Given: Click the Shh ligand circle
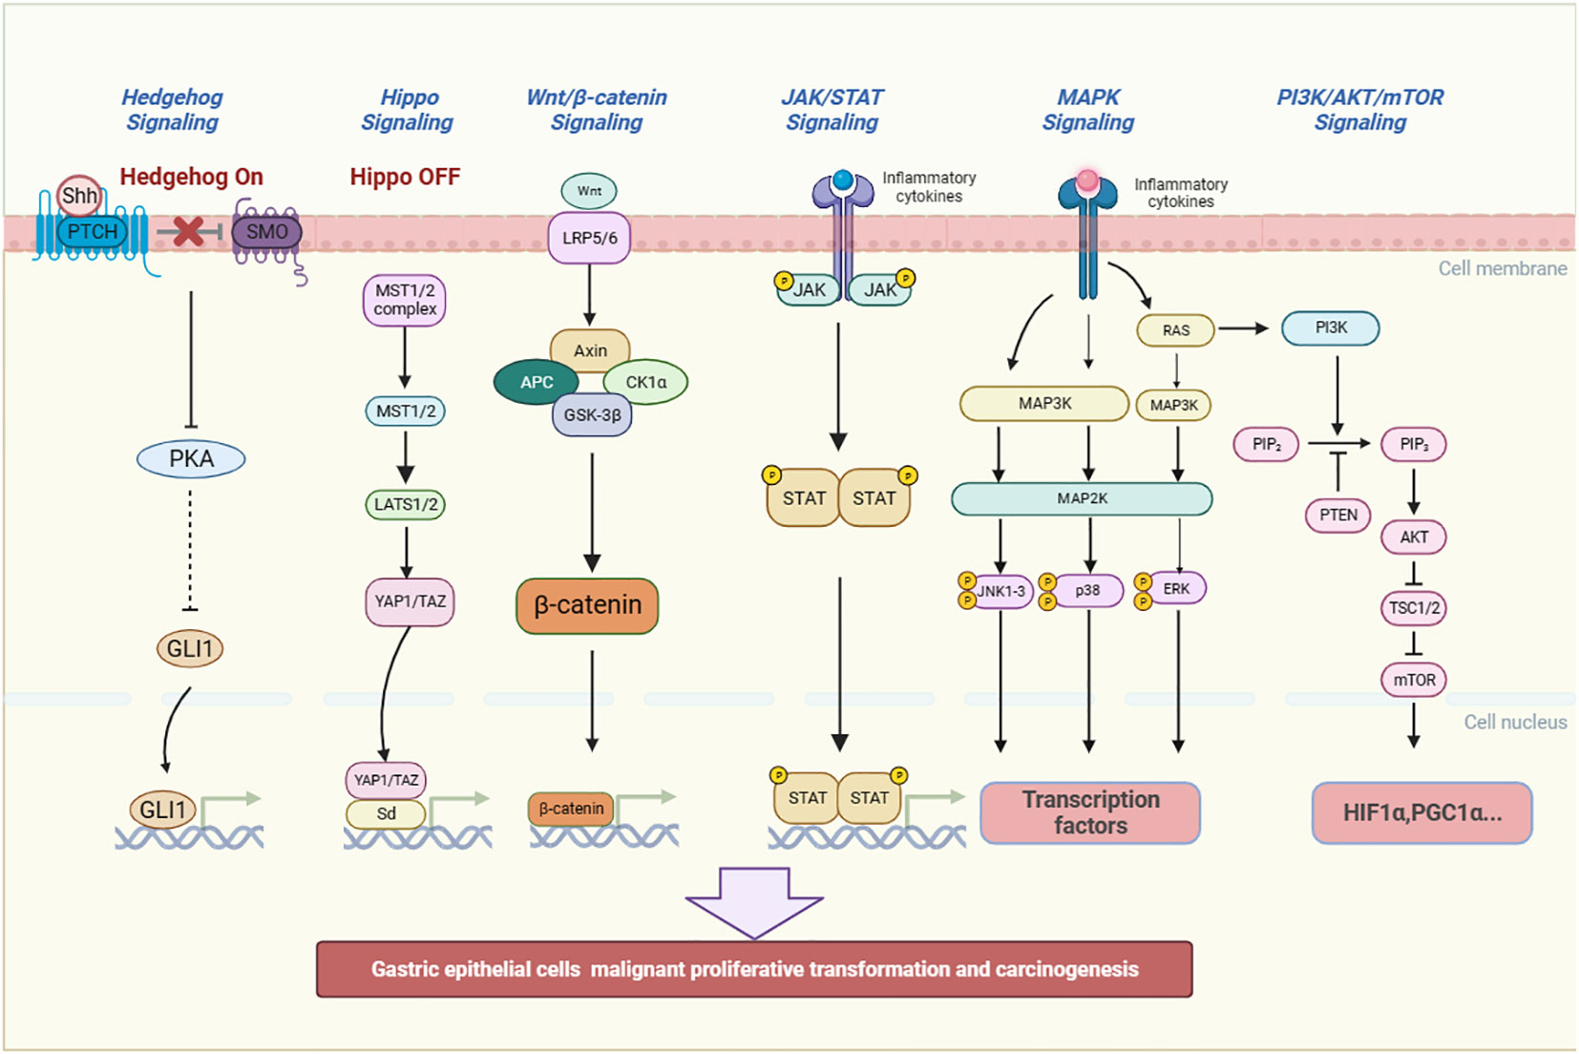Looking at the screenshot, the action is click(x=78, y=196).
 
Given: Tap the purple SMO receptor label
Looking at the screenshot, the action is click(x=266, y=232).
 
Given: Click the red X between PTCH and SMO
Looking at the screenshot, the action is click(x=188, y=231).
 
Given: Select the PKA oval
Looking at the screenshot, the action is click(x=191, y=459).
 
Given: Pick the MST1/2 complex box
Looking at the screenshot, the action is click(x=405, y=301).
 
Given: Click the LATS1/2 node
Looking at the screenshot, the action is click(x=406, y=505).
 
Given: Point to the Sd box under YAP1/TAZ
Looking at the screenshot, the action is click(x=386, y=813).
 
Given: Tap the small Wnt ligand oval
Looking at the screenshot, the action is click(x=589, y=191).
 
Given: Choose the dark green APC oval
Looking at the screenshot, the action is click(x=537, y=382).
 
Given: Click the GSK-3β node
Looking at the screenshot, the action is click(x=592, y=414).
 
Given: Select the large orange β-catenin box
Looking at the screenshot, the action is click(x=587, y=605).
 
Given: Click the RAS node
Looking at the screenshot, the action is click(x=1176, y=330).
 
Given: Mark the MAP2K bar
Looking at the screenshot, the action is click(x=1082, y=499).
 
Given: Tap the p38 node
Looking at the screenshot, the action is click(x=1087, y=590).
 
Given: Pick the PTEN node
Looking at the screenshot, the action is click(x=1337, y=516).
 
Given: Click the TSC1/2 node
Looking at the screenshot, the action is click(x=1413, y=608).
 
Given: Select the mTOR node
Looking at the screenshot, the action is click(x=1413, y=681).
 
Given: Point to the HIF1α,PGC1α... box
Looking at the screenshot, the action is click(x=1421, y=812).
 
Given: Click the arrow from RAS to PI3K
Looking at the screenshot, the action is click(x=1243, y=328).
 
